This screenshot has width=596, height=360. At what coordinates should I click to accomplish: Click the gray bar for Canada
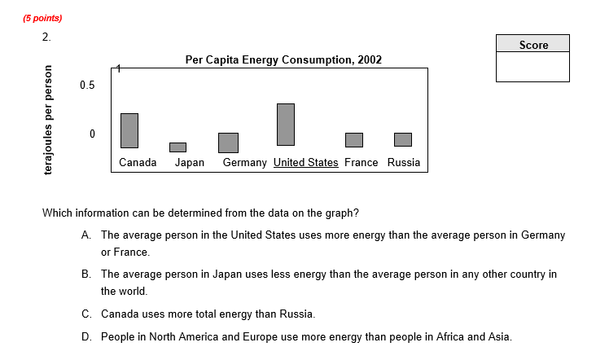coord(129,130)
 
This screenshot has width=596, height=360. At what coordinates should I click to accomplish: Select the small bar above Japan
coord(177,147)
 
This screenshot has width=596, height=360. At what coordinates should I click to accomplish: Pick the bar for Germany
coord(228,143)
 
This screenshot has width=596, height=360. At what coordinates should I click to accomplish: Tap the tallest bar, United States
coord(285,124)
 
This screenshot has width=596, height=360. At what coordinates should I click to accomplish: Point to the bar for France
coord(353,139)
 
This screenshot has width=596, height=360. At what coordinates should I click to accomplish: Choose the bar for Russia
coord(403,139)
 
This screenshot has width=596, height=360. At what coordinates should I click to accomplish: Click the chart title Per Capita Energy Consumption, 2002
coord(283,59)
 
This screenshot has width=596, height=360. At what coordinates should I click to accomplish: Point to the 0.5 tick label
coord(87,85)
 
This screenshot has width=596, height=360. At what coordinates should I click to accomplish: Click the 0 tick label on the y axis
coord(92,133)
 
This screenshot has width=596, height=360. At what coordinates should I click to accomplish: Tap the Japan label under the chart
coord(189,162)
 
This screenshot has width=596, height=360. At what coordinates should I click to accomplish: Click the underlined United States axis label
coord(305,162)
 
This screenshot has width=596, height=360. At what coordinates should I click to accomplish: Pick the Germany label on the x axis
coord(244,162)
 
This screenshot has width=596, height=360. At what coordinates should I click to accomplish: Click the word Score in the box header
coord(533,45)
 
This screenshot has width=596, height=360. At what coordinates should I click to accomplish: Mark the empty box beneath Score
coord(533,67)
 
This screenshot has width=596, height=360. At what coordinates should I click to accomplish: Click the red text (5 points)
coord(42,18)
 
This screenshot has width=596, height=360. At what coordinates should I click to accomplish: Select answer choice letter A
coord(85,235)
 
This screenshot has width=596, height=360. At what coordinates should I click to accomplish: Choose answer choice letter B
coord(85,274)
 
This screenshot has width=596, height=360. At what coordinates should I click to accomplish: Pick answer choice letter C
coord(85,314)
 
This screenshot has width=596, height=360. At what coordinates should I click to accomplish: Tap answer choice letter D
coord(85,336)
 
